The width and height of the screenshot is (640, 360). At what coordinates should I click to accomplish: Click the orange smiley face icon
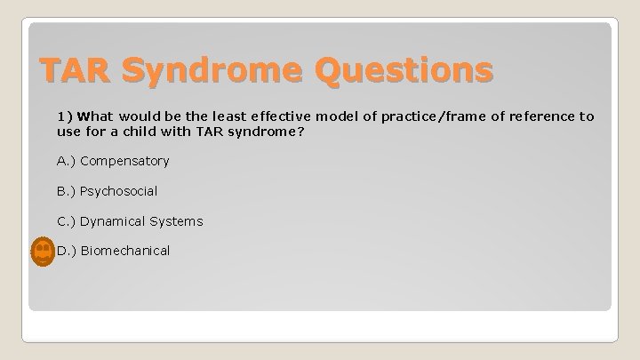point(42,252)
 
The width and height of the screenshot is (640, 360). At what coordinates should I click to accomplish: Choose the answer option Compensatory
point(124,161)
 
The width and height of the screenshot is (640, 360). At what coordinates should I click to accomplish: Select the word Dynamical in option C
point(114,221)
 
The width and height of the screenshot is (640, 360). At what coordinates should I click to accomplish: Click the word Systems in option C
point(178,221)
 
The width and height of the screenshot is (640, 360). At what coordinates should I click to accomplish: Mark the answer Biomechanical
point(124,252)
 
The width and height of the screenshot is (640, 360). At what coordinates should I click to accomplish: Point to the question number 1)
point(64,116)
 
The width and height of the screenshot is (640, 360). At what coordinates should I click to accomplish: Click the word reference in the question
point(542,116)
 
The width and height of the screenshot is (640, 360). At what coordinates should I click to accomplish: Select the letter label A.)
point(66,161)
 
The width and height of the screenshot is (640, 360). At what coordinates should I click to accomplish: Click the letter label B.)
point(66,191)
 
